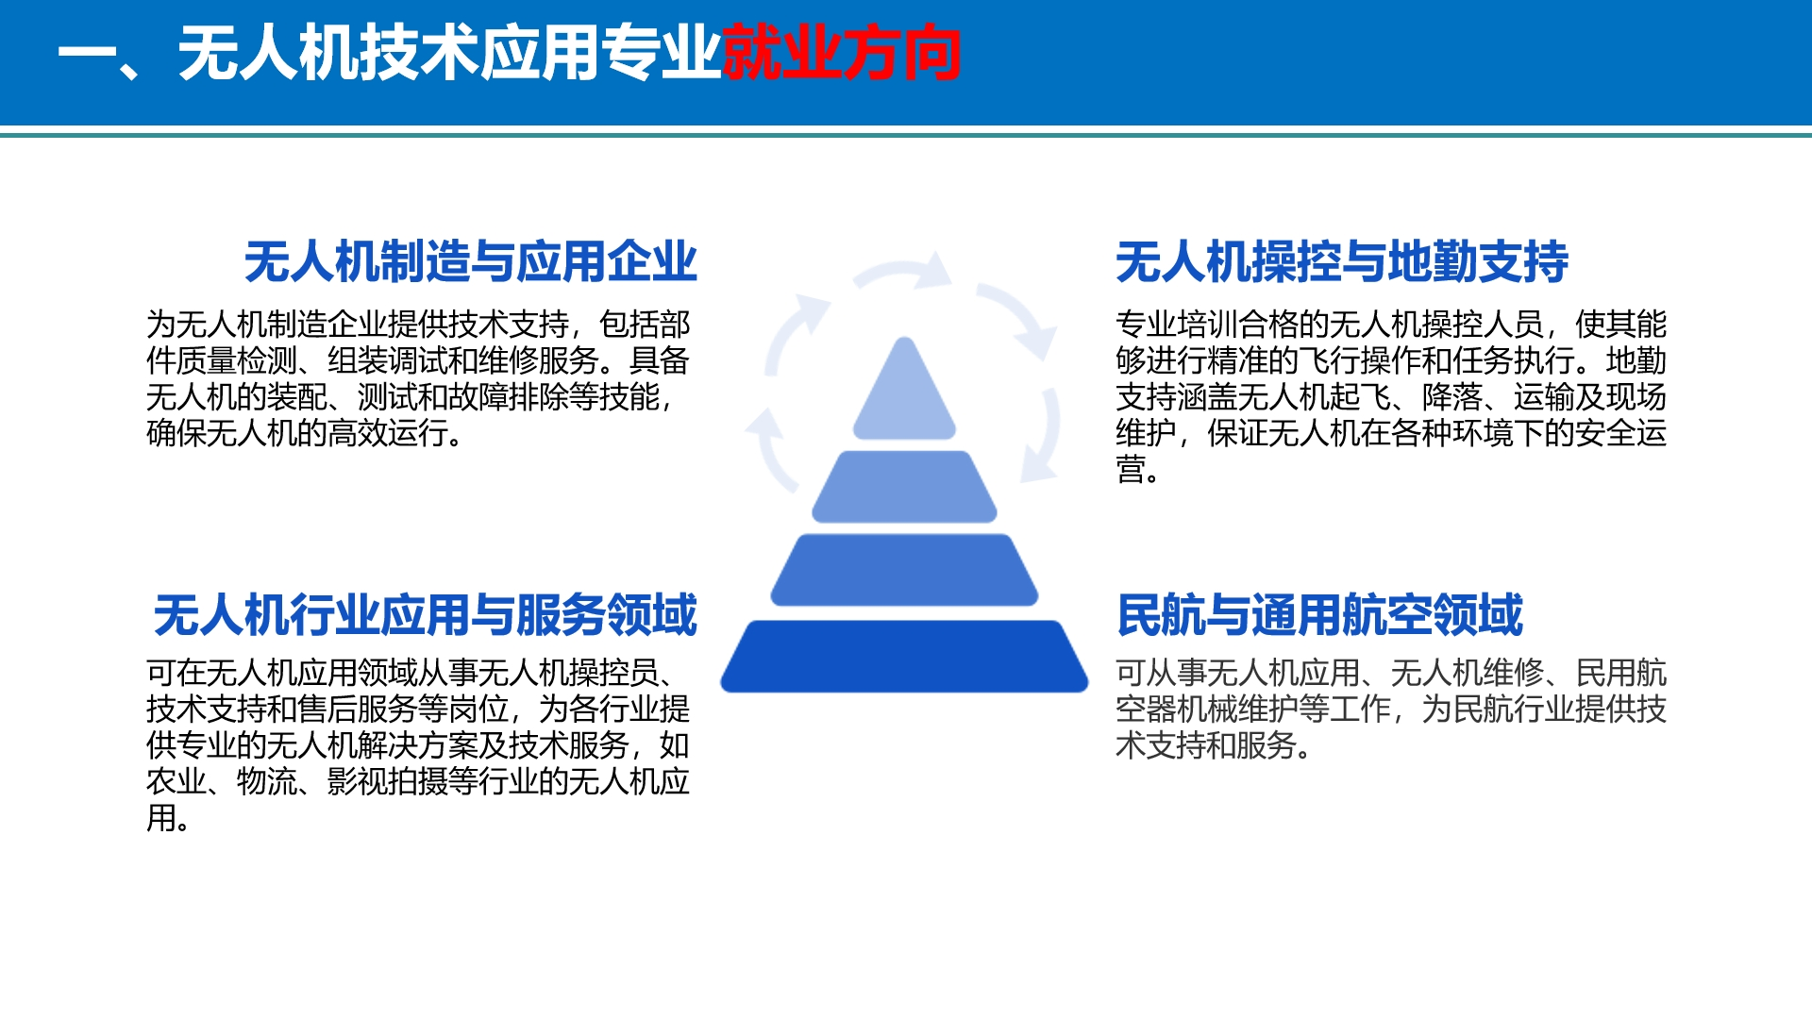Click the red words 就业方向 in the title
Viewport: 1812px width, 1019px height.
pos(842,53)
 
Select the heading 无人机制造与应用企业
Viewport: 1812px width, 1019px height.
pos(471,261)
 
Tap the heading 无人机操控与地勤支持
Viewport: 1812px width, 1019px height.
pos(1342,261)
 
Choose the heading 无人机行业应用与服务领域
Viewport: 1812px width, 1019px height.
pos(426,615)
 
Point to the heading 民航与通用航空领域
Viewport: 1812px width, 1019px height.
pos(1319,615)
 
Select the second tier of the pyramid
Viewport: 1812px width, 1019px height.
pos(904,487)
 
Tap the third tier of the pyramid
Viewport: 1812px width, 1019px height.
pos(904,570)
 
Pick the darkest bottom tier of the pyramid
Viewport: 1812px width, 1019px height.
pos(904,656)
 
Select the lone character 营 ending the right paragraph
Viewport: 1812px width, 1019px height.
pos(1131,469)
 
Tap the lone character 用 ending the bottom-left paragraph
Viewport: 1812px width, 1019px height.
pos(161,818)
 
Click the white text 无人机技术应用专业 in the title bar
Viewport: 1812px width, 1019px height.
pos(449,53)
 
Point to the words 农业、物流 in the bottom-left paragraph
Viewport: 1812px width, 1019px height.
pos(222,781)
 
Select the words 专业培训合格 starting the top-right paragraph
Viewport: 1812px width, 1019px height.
pos(1206,325)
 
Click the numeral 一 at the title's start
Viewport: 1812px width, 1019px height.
pos(87,53)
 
